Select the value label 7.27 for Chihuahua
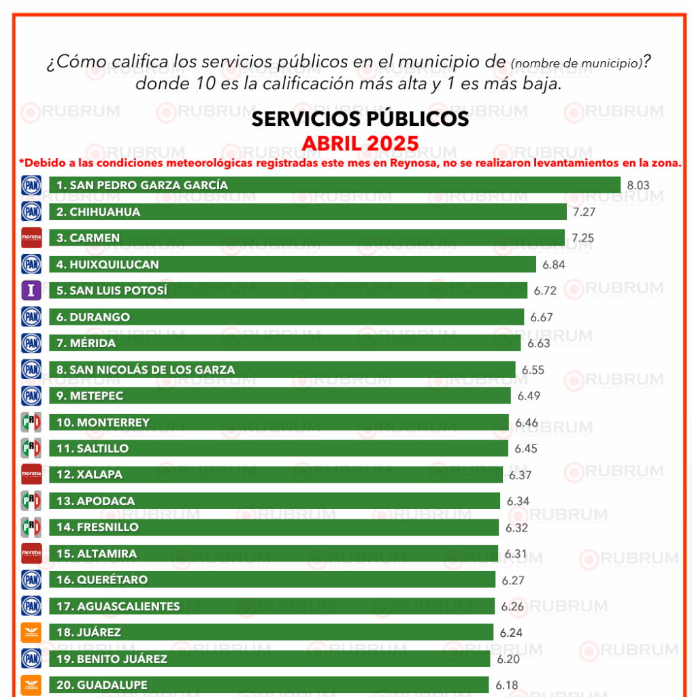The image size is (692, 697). point(584,212)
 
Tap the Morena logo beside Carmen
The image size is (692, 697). point(32,238)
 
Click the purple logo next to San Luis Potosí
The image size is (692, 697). point(32,291)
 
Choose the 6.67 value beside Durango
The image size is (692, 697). point(542,317)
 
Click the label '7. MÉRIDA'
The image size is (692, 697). point(86,343)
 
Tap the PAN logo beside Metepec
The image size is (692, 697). point(32,395)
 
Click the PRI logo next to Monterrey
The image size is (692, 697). point(32,422)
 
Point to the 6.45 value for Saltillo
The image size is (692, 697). point(526,449)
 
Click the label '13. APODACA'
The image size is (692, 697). point(95,501)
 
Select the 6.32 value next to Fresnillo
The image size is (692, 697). point(517,528)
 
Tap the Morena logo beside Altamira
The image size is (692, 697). point(32,553)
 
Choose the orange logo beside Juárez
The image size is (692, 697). point(32,632)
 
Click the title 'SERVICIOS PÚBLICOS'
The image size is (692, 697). point(360,119)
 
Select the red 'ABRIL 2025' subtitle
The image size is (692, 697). point(360,144)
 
